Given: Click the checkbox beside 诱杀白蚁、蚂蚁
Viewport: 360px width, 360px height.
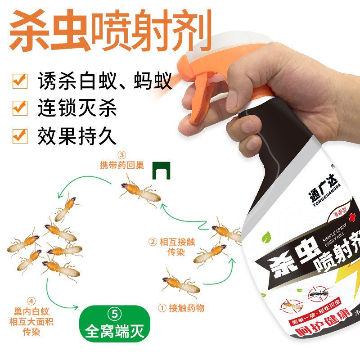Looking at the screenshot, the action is pyautogui.click(x=20, y=81).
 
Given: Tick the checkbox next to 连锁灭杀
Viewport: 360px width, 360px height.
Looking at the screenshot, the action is pyautogui.click(x=20, y=108).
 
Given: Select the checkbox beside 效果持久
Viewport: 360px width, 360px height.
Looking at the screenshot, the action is pyautogui.click(x=20, y=136).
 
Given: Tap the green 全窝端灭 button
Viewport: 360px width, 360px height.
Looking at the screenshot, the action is pyautogui.click(x=115, y=324).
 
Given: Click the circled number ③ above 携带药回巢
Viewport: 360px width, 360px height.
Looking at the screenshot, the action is pyautogui.click(x=121, y=155).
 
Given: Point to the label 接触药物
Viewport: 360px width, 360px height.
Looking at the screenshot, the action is pyautogui.click(x=186, y=308).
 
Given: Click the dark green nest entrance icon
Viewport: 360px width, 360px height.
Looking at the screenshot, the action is pyautogui.click(x=162, y=171).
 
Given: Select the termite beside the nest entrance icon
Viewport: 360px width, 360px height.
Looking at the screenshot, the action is pyautogui.click(x=139, y=191).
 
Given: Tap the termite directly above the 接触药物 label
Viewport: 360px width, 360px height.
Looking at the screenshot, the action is pyautogui.click(x=180, y=284).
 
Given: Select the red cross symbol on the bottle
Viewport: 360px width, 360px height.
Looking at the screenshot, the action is pyautogui.click(x=351, y=217).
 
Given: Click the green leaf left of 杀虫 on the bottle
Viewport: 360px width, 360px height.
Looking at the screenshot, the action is pyautogui.click(x=266, y=238).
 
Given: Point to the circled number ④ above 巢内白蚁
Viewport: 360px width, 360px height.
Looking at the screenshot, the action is pyautogui.click(x=31, y=301).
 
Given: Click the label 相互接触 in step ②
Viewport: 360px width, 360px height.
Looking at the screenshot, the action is pyautogui.click(x=177, y=242).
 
